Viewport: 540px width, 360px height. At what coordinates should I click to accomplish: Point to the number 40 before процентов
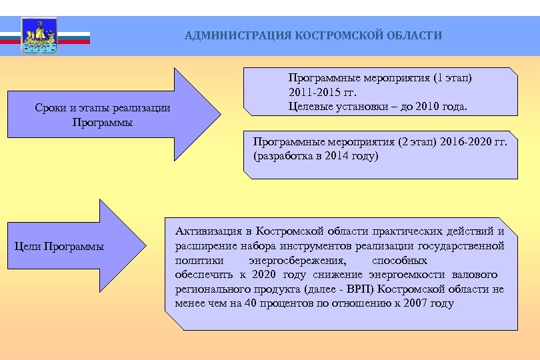point(248,303)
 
